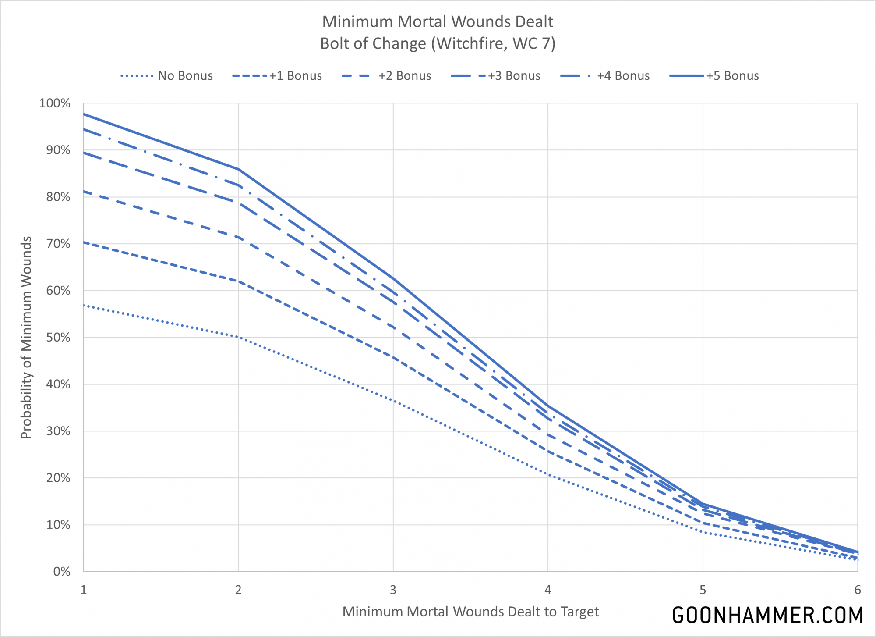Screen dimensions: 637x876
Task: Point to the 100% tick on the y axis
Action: click(55, 103)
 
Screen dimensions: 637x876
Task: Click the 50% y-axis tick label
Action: click(58, 338)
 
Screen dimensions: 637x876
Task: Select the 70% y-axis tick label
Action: click(58, 244)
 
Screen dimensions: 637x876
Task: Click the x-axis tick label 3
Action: click(393, 590)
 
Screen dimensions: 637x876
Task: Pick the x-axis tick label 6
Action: click(857, 590)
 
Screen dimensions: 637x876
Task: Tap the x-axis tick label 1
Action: click(84, 590)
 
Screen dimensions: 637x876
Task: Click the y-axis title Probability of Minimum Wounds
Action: click(27, 338)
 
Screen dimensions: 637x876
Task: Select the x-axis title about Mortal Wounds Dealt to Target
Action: click(470, 612)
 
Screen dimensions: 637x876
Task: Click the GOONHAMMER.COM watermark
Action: click(767, 615)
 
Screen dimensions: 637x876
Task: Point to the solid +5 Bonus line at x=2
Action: click(238, 169)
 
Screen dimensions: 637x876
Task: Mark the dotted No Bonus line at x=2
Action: click(238, 337)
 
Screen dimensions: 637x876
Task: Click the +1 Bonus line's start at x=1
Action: click(84, 242)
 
